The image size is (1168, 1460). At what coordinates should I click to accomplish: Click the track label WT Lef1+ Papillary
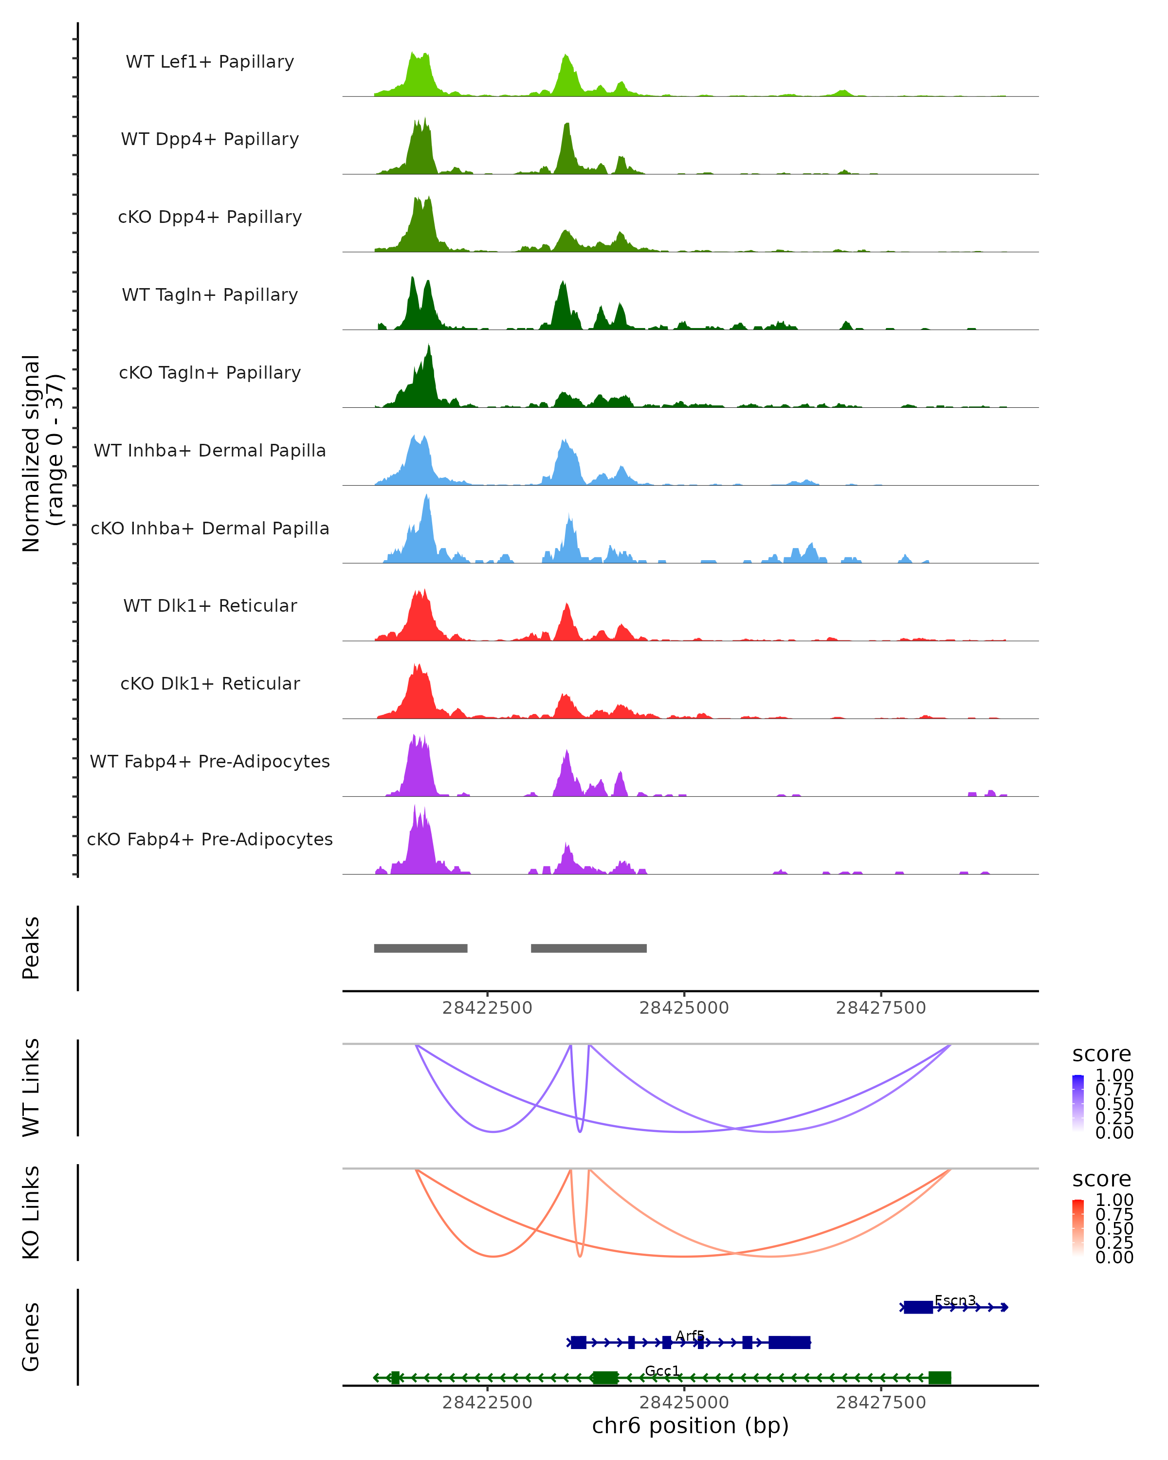210,62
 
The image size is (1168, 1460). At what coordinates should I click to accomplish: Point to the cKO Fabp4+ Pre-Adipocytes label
210,839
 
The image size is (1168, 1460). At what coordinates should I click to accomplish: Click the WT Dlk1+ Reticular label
210,605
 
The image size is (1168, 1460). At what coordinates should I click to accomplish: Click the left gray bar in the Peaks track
420,948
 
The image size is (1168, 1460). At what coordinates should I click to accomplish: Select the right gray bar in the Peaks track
588,948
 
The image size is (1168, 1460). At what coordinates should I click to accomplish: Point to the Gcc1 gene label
662,1370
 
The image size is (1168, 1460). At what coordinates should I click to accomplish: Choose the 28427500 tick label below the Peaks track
880,1008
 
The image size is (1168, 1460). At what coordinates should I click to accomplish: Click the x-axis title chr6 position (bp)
690,1426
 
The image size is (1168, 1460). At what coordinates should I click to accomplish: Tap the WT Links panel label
31,1088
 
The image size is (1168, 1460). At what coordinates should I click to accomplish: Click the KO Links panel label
31,1212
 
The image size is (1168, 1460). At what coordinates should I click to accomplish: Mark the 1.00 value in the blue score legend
1114,1076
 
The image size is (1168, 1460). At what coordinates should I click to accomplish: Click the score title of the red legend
1101,1179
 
